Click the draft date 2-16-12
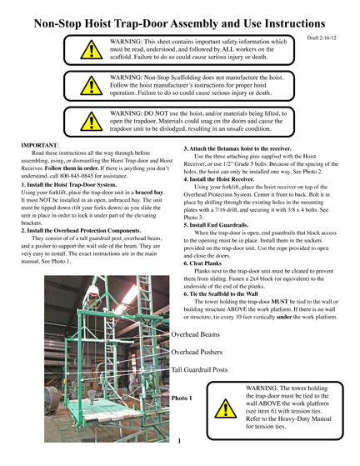pyautogui.click(x=322, y=38)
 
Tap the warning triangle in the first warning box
pyautogui.click(x=92, y=50)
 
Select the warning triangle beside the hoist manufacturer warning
pyautogui.click(x=92, y=86)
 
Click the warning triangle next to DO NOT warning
pyautogui.click(x=92, y=122)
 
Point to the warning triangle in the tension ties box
pyautogui.click(x=226, y=408)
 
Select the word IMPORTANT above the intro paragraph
pyautogui.click(x=39, y=145)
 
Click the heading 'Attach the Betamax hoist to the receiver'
pyautogui.click(x=237, y=148)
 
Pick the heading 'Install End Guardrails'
pyautogui.click(x=216, y=225)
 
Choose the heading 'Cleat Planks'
pyautogui.click(x=202, y=263)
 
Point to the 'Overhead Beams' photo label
pyautogui.click(x=195, y=334)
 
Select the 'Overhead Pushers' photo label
pyautogui.click(x=197, y=352)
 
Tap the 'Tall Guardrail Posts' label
pyautogui.click(x=199, y=369)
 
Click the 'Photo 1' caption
pyautogui.click(x=182, y=398)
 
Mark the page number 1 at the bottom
pyautogui.click(x=179, y=441)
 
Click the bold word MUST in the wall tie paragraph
pyautogui.click(x=279, y=302)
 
